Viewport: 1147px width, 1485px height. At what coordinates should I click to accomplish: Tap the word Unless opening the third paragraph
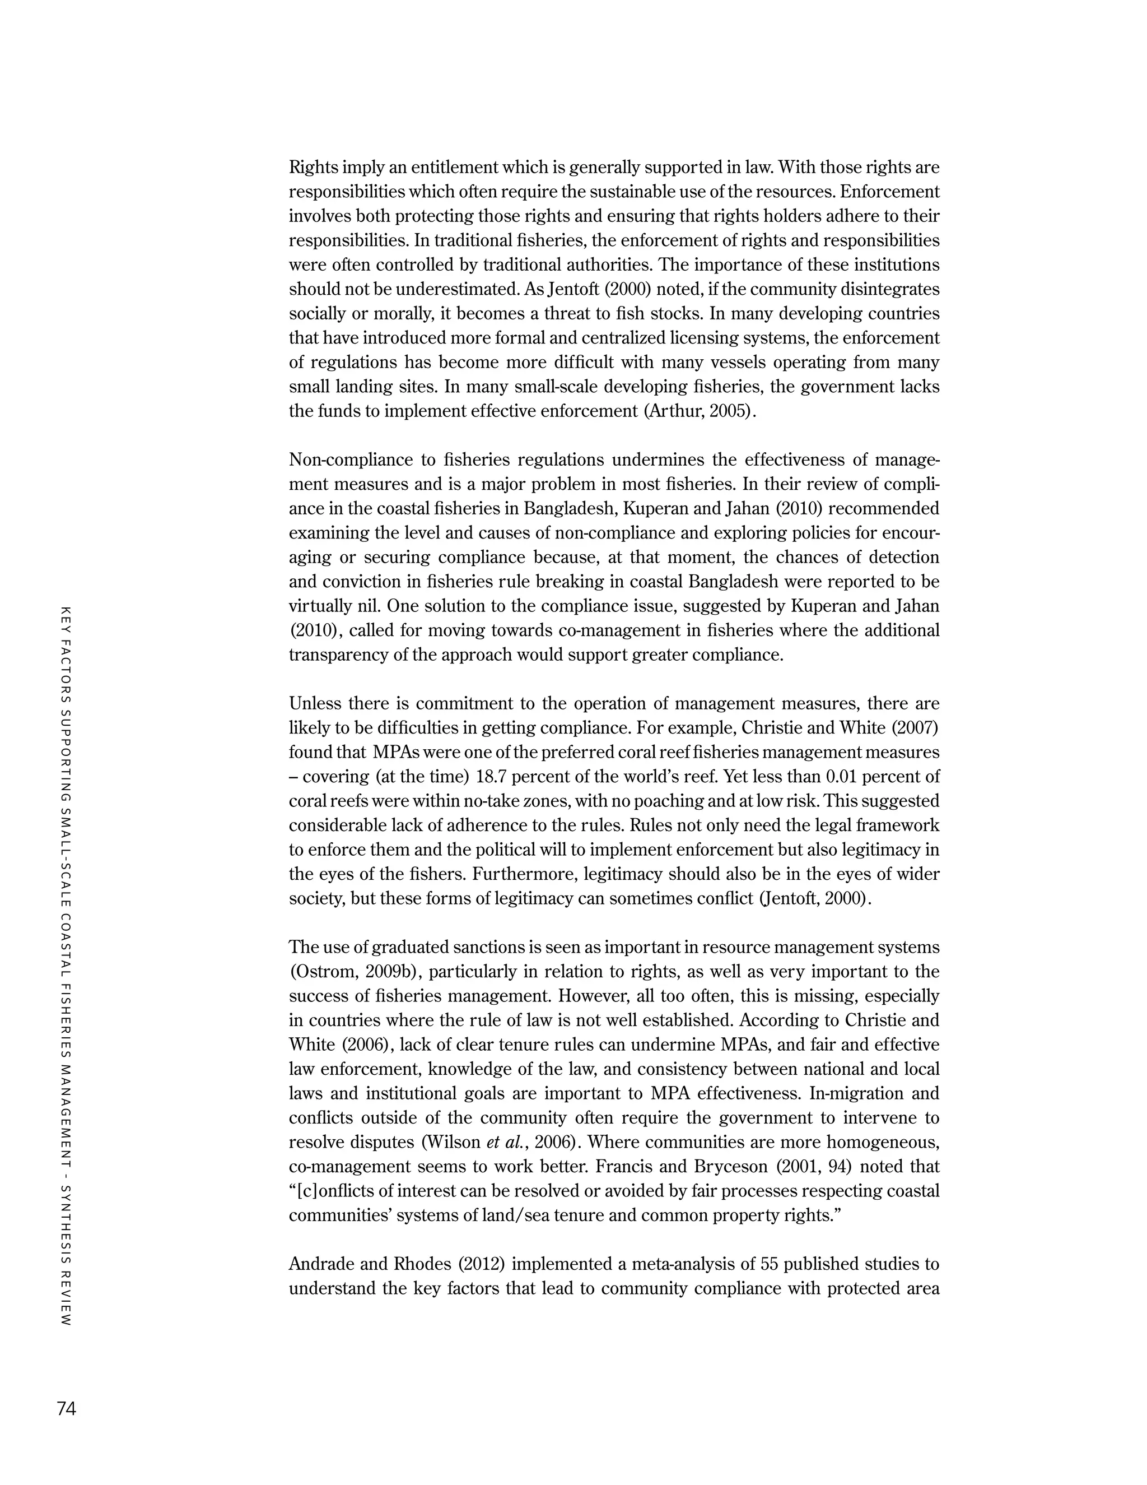click(x=315, y=704)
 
